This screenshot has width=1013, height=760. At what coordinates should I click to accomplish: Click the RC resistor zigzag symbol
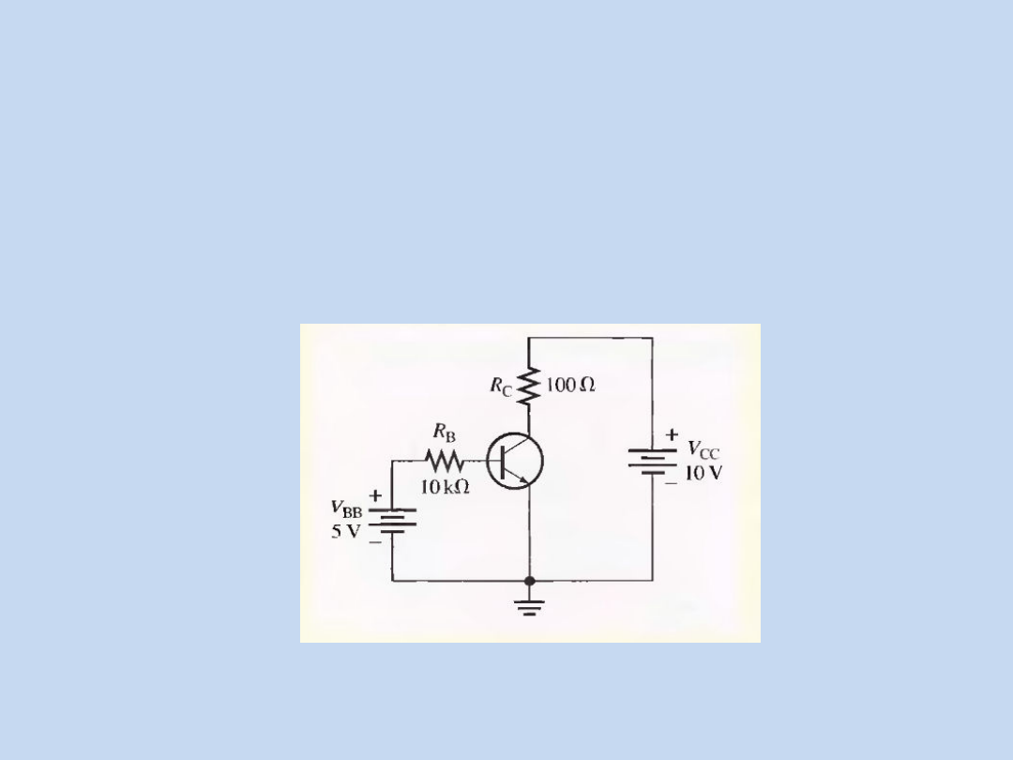529,386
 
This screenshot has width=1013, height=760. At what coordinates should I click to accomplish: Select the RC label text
502,388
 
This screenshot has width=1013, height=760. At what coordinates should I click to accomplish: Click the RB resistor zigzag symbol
445,461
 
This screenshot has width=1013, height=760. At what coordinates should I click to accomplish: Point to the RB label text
444,433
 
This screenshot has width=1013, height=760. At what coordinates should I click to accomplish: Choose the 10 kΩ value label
445,488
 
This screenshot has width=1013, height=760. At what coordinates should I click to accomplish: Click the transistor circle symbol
514,461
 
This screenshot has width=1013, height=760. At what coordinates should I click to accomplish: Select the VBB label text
346,509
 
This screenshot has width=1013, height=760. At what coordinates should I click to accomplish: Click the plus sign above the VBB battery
375,494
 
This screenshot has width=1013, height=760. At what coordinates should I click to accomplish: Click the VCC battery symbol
653,461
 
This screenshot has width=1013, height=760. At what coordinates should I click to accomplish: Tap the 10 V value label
703,473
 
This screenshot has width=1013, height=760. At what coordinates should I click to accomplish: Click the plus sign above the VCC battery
672,434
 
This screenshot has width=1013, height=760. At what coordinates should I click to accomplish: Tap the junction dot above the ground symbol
529,582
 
